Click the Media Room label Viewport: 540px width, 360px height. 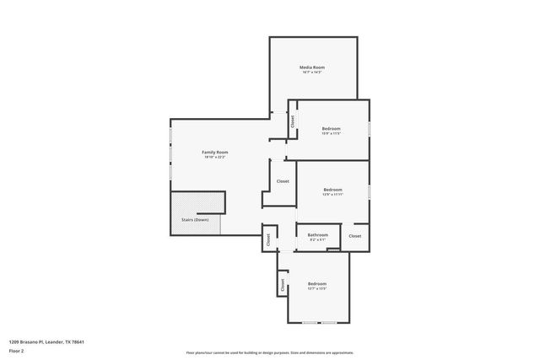pos(312,67)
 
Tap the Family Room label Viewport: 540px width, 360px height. pos(215,153)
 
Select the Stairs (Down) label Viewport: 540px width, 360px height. pos(195,220)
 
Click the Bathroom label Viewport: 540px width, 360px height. pos(317,234)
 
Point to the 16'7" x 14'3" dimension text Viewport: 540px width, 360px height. pos(312,73)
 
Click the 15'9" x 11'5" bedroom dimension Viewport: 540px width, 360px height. pos(331,134)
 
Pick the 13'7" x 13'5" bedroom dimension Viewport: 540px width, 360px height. pos(316,288)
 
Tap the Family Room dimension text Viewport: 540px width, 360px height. pos(215,158)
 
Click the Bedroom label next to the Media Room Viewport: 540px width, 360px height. pos(331,129)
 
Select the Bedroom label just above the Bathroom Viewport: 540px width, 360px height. pos(332,190)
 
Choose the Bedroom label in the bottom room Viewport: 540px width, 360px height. pos(316,283)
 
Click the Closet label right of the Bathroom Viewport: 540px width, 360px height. pos(354,236)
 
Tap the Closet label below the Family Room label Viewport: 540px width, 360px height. pos(283,181)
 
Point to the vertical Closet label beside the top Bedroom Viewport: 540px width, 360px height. pos(293,121)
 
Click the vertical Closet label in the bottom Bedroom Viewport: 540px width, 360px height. pos(283,286)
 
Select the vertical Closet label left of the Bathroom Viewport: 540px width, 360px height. pos(268,239)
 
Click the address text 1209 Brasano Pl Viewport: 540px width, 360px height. pos(46,341)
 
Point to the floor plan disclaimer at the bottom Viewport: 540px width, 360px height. pos(270,352)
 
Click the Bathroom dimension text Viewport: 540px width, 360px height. pos(317,239)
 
